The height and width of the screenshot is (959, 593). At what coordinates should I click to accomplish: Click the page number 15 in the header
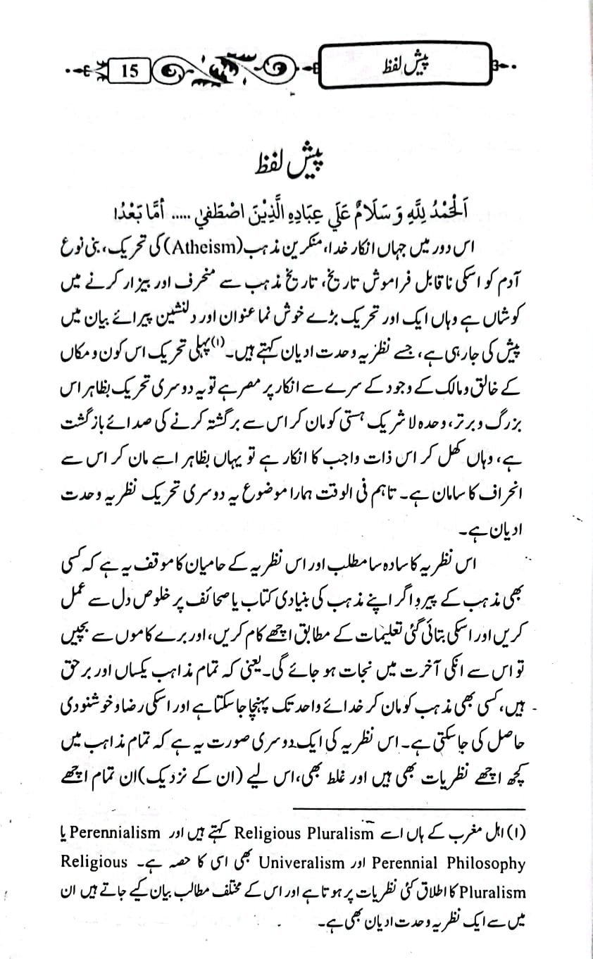pos(129,71)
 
